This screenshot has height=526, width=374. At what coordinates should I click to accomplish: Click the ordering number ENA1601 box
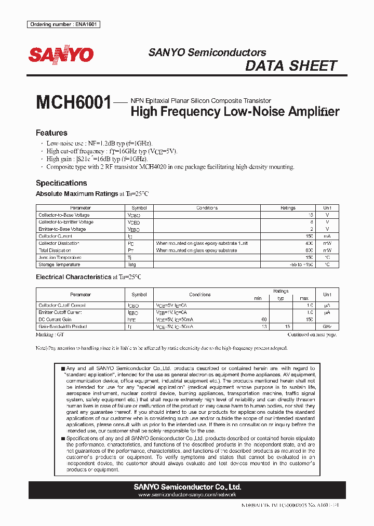(63, 24)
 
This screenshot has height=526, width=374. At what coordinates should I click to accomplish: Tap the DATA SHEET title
(291, 66)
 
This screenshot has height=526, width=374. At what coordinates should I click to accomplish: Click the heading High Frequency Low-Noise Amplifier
(235, 111)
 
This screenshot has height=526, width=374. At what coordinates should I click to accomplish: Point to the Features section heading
(51, 133)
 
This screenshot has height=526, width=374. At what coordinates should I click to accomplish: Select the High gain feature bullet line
(97, 159)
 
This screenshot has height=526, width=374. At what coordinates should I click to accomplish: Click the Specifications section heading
(61, 183)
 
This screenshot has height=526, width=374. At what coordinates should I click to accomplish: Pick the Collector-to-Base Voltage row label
(64, 215)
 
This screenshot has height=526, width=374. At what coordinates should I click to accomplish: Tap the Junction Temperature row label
(60, 257)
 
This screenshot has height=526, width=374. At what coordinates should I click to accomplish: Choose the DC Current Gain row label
(55, 320)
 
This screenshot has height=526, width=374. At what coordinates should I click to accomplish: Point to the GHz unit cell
(327, 326)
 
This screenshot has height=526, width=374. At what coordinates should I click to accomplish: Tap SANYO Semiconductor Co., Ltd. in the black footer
(188, 487)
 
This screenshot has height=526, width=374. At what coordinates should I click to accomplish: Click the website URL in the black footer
(188, 495)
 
